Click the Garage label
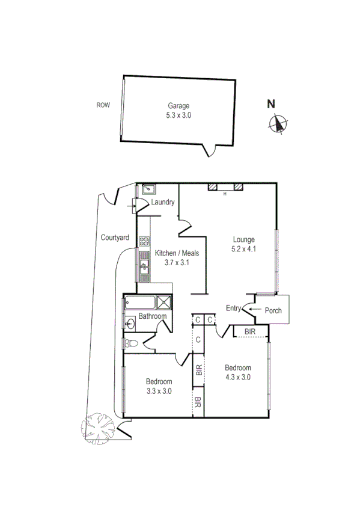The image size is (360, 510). click(178, 106)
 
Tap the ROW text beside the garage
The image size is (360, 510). click(103, 105)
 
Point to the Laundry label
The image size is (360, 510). click(163, 202)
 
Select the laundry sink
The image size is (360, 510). click(146, 189)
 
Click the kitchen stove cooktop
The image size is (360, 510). click(144, 242)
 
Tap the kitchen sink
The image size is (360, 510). click(144, 263)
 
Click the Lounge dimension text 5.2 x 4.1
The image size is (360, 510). click(244, 248)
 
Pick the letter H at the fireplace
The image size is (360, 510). click(225, 194)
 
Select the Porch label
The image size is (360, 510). click(273, 311)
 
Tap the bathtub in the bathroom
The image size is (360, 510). click(139, 303)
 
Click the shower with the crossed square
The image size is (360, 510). click(164, 303)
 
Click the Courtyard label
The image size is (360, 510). click(115, 238)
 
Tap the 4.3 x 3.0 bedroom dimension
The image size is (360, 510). click(237, 377)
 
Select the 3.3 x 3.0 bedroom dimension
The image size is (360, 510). click(159, 390)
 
